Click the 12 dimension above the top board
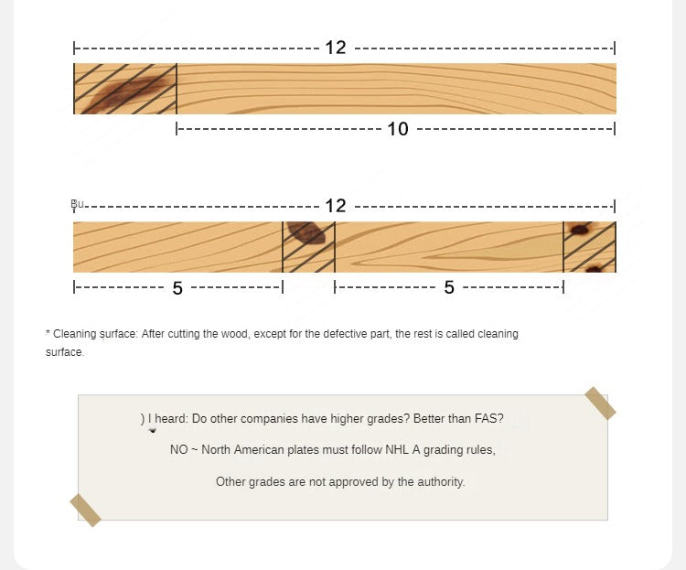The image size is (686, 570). pyautogui.click(x=336, y=48)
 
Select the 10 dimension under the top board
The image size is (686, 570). pyautogui.click(x=398, y=129)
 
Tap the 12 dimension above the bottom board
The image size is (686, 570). pyautogui.click(x=336, y=206)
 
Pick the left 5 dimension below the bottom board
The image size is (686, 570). pyautogui.click(x=177, y=288)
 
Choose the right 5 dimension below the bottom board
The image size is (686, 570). pyautogui.click(x=449, y=287)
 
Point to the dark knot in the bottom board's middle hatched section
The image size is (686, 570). pyautogui.click(x=307, y=232)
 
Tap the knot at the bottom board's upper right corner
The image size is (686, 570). pyautogui.click(x=580, y=229)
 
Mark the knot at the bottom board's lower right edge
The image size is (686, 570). pyautogui.click(x=594, y=268)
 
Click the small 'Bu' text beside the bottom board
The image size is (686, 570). pyautogui.click(x=77, y=203)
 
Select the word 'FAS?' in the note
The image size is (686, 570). pyautogui.click(x=489, y=418)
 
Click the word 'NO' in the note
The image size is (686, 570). pyautogui.click(x=179, y=449)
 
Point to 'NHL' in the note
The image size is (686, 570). pyautogui.click(x=397, y=449)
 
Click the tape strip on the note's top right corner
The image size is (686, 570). pyautogui.click(x=600, y=403)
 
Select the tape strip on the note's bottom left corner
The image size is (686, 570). pyautogui.click(x=85, y=511)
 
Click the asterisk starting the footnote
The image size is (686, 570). pyautogui.click(x=48, y=333)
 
